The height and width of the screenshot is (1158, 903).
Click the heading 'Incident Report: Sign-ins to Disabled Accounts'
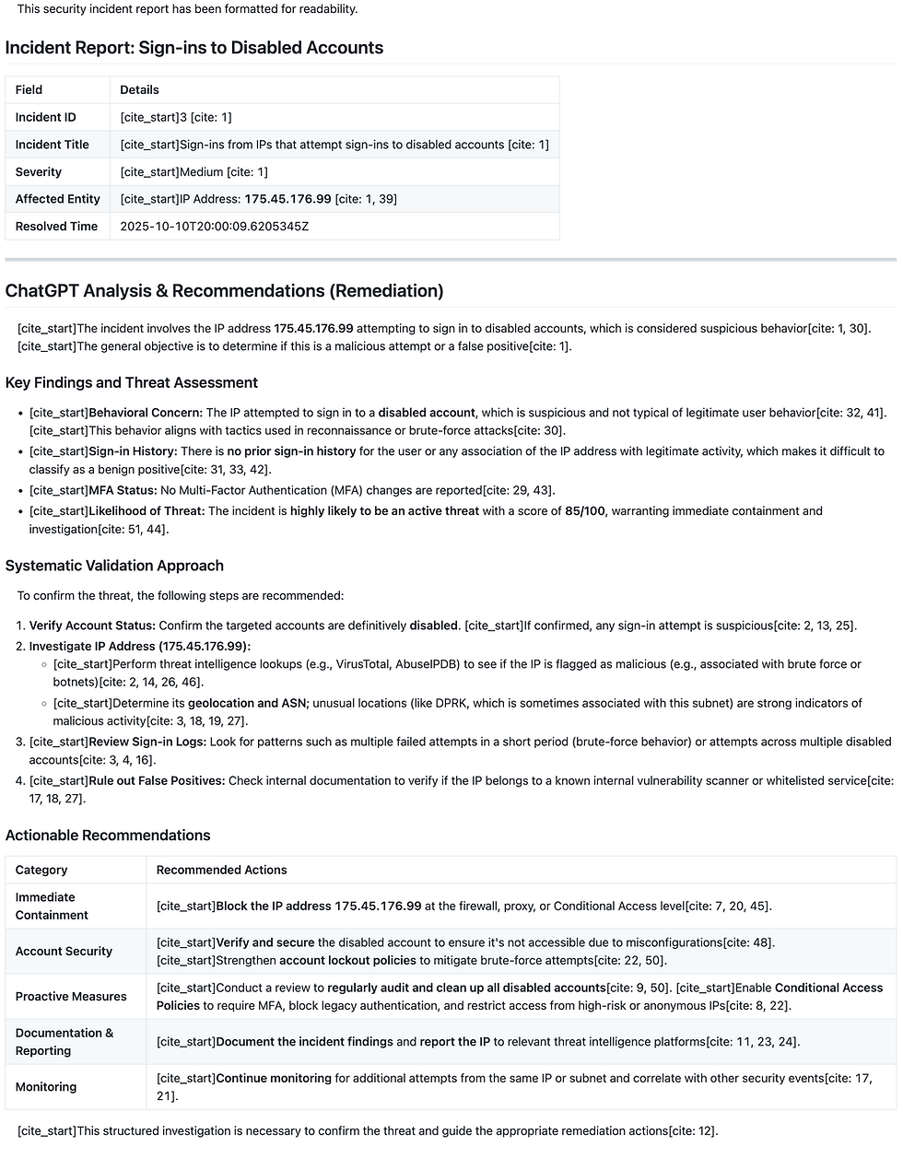pos(194,48)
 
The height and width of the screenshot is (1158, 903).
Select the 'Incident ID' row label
pos(45,117)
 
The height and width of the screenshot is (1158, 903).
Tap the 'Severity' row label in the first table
pos(39,172)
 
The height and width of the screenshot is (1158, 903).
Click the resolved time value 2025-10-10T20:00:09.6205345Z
pos(215,227)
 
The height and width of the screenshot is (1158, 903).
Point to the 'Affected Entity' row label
pos(57,199)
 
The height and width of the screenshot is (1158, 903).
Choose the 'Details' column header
pos(139,90)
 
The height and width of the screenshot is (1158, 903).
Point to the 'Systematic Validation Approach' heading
pos(114,566)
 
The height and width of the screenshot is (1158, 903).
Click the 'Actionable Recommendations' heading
pos(108,836)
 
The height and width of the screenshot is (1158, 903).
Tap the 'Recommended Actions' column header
pos(221,871)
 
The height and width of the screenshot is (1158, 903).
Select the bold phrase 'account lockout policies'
pos(349,961)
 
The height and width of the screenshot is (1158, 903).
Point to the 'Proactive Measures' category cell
pos(71,997)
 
